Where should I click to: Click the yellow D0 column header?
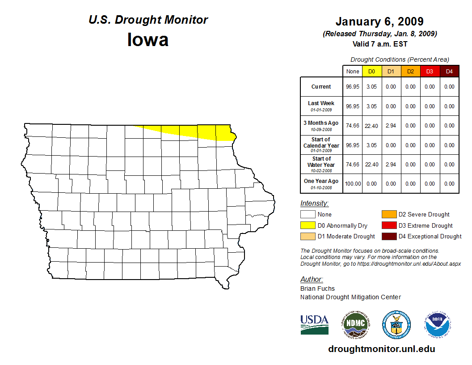[x=371, y=72]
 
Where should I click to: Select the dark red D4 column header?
[x=449, y=72]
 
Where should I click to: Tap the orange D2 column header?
[x=410, y=72]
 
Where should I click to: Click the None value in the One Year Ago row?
[x=353, y=184]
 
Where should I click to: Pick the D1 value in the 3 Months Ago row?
[x=391, y=126]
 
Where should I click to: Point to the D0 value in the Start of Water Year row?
[x=371, y=165]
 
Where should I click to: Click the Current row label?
[x=321, y=87]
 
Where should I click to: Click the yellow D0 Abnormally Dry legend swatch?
[x=308, y=225]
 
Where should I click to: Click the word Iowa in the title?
[x=148, y=40]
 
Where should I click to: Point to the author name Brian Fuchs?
[x=317, y=289]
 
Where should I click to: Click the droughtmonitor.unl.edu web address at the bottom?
[x=381, y=349]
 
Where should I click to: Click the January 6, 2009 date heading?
[x=379, y=21]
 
